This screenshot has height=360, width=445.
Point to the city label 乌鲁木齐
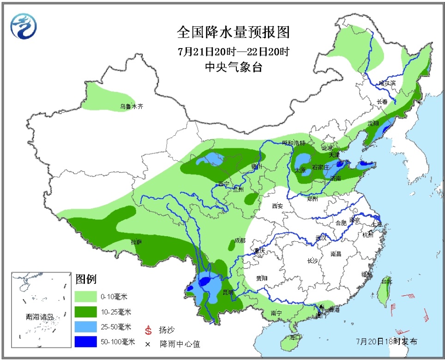132,106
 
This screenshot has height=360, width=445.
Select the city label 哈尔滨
387,83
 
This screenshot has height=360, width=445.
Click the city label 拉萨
136,242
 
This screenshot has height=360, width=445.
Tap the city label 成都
240,240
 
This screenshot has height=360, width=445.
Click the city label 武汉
320,238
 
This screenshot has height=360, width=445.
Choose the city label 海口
295,337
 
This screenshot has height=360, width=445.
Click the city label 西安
277,206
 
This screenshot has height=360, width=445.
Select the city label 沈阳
373,123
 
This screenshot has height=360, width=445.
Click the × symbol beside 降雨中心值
149,344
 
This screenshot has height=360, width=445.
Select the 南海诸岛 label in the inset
40,317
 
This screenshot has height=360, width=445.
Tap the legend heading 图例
86,279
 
